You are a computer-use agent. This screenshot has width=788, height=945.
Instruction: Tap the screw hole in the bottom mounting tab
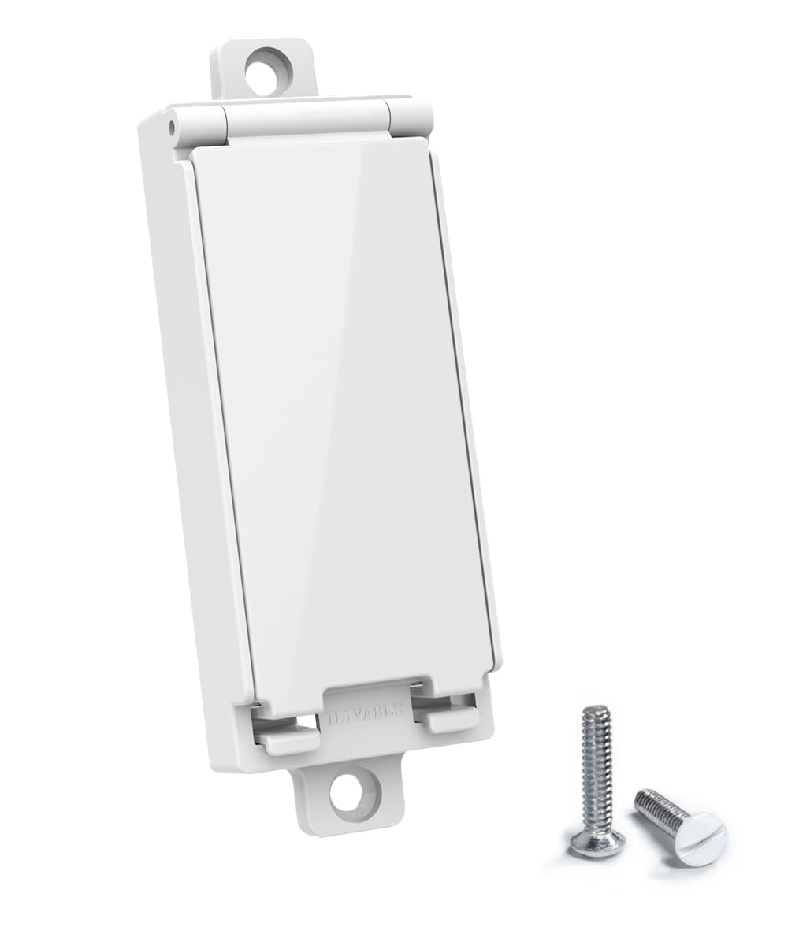(348, 792)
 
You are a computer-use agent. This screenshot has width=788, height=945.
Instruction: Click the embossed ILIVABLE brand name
(365, 714)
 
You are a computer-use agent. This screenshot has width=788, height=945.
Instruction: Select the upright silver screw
(597, 780)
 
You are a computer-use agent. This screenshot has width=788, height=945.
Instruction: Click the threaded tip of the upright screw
(596, 713)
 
